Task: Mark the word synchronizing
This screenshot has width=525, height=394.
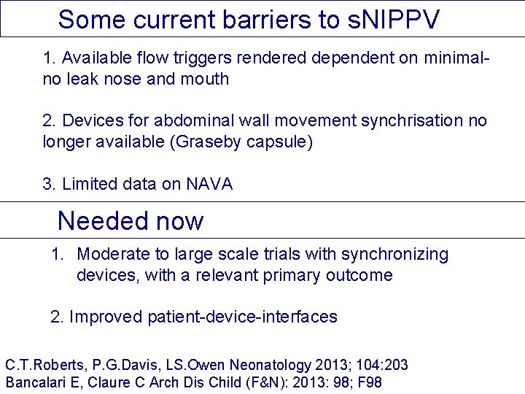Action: (x=394, y=255)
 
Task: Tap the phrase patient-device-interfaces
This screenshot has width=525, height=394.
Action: (x=242, y=317)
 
